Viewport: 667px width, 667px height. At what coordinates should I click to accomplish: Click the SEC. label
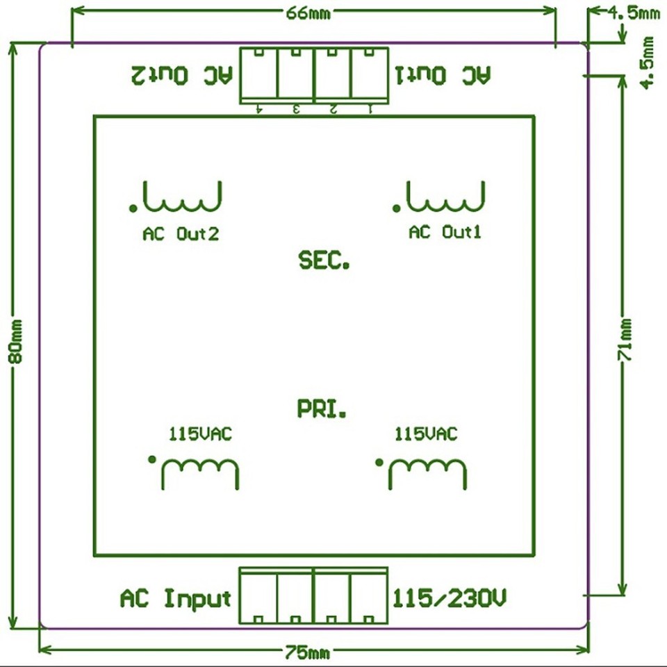pos(324,261)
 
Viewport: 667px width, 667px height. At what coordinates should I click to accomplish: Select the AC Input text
pos(175,598)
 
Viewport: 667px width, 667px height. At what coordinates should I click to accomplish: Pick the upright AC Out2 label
pos(181,234)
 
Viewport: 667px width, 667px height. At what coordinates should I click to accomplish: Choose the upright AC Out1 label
pos(445,232)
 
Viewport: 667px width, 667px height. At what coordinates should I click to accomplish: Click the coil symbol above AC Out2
pos(182,197)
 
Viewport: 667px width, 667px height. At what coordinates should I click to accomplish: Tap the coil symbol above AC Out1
pos(445,196)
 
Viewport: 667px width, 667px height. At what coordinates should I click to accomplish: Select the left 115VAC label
pos(200,435)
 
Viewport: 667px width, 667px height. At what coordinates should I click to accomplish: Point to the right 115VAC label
pos(426,435)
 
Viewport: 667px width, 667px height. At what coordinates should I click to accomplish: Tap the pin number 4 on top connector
pos(259,108)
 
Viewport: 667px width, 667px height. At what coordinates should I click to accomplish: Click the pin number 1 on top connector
pos(369,108)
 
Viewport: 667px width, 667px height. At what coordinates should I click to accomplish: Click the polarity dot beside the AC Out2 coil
pos(132,207)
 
